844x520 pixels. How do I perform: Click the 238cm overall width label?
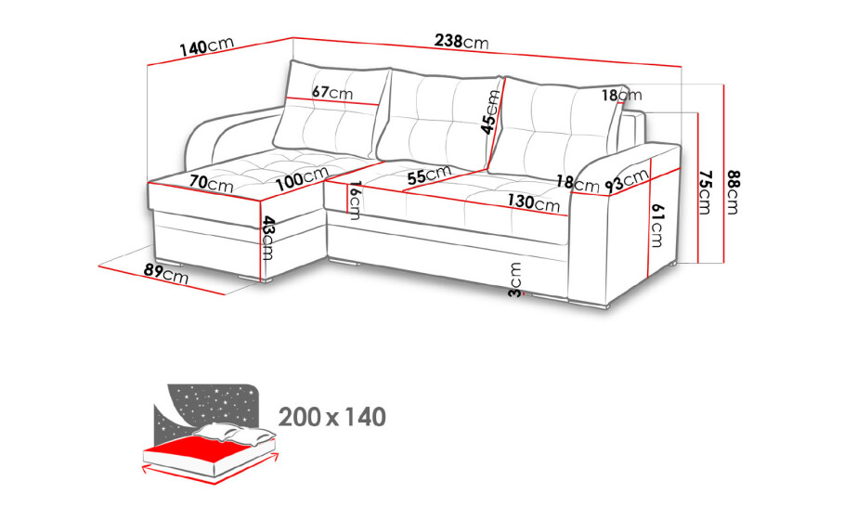point(461,41)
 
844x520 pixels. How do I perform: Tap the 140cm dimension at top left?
point(207,46)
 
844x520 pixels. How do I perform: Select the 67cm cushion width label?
point(332,93)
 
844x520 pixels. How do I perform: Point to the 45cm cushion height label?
point(490,112)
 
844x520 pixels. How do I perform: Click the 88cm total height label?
point(733,191)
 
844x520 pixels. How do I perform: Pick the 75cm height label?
point(705,192)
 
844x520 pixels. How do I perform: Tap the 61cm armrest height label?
point(657,226)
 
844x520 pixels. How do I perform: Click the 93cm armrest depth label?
point(627,181)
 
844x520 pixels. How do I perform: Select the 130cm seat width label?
point(534,202)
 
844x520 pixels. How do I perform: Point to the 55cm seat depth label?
point(429,175)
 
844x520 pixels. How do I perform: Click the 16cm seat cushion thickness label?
point(355,201)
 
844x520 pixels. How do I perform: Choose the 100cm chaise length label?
point(302,178)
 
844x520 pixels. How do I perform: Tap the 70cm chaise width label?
point(211,183)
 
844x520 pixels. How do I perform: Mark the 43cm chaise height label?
point(268,238)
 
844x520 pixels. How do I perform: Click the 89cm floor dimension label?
point(166,273)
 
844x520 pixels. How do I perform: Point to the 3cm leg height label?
point(515,279)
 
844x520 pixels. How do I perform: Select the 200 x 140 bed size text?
point(332,417)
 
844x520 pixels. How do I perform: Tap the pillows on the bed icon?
point(235,433)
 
